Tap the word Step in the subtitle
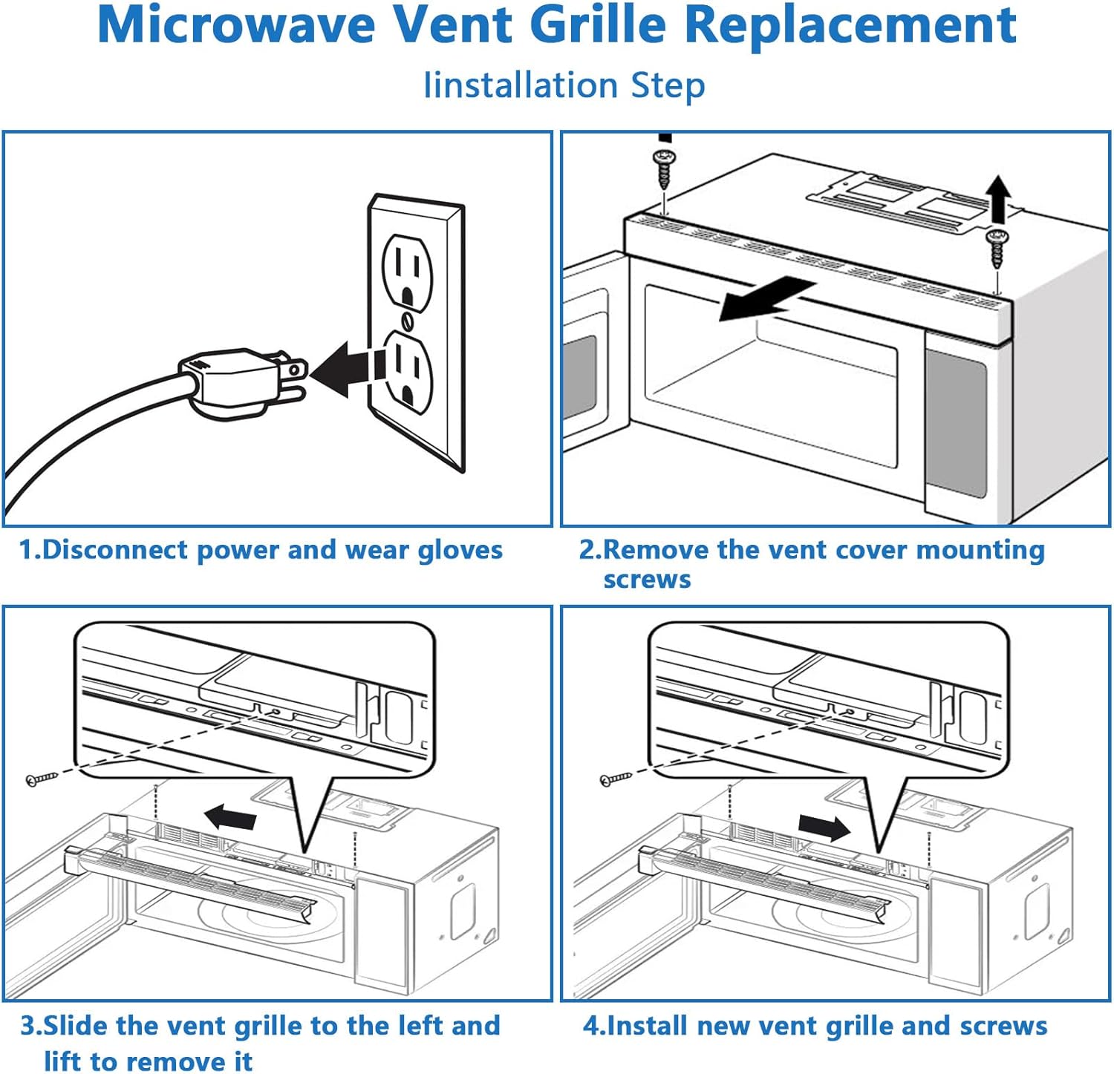(667, 85)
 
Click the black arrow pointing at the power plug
(342, 369)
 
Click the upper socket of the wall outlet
(406, 271)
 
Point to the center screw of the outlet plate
(407, 321)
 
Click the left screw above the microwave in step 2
(663, 168)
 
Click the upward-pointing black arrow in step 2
(1000, 198)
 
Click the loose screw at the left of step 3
(41, 779)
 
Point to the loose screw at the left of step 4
(615, 779)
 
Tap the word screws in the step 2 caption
(647, 580)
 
